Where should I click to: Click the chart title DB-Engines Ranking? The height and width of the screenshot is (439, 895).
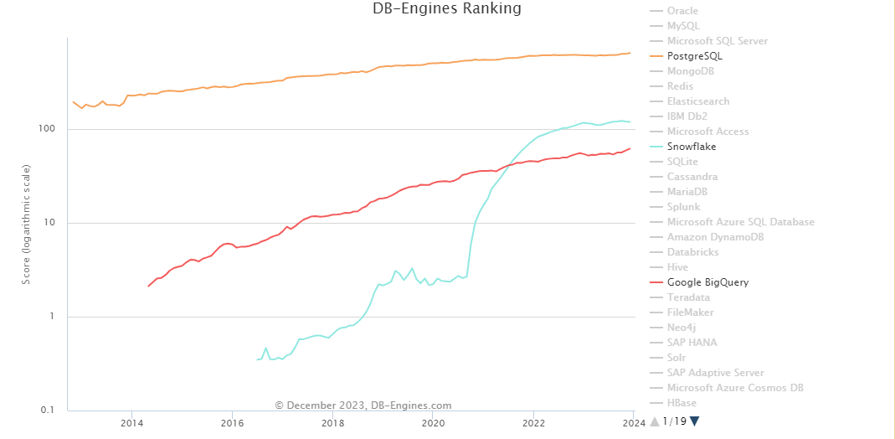[x=447, y=9]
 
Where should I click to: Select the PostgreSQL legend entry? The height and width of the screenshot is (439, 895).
[x=694, y=56]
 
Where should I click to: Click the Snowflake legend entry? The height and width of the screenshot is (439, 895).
[x=691, y=147]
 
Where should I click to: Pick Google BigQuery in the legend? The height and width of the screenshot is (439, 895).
[x=707, y=282]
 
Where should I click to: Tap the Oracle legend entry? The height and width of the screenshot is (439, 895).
[x=682, y=11]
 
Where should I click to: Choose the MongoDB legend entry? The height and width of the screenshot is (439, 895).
[x=691, y=71]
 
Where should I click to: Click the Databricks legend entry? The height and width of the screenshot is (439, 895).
[x=692, y=252]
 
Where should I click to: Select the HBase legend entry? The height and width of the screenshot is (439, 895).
[x=682, y=403]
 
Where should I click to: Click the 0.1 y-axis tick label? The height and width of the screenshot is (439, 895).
[x=49, y=411]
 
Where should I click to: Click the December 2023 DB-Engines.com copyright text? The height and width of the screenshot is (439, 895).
[x=363, y=405]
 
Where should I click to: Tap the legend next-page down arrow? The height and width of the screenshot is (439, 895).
[x=694, y=421]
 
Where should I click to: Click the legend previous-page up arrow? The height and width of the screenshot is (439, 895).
[x=655, y=421]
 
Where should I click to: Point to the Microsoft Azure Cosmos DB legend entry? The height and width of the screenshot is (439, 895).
[x=735, y=388]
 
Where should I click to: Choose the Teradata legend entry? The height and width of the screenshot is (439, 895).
[x=688, y=297]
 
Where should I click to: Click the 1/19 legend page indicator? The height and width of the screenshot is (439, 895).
[x=674, y=421]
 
